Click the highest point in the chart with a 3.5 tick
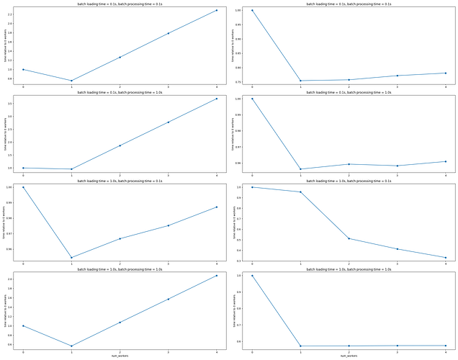pos(217,99)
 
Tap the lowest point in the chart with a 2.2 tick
pos(71,81)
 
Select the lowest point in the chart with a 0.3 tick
pos(446,258)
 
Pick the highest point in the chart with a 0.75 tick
pos(252,10)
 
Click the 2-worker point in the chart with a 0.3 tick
pos(349,238)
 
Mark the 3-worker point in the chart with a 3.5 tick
pos(169,122)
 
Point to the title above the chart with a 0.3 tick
pos(349,181)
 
